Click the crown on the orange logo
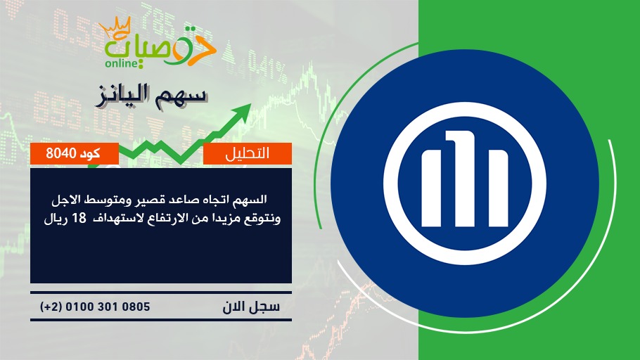115,27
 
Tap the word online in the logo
121,64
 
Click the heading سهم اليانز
151,96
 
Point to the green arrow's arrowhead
243,112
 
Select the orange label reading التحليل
248,153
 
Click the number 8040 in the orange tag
61,153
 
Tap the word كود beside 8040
90,153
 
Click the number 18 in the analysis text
79,218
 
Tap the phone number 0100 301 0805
108,307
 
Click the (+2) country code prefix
51,307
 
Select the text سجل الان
251,307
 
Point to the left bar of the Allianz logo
431,188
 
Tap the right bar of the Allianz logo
496,188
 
